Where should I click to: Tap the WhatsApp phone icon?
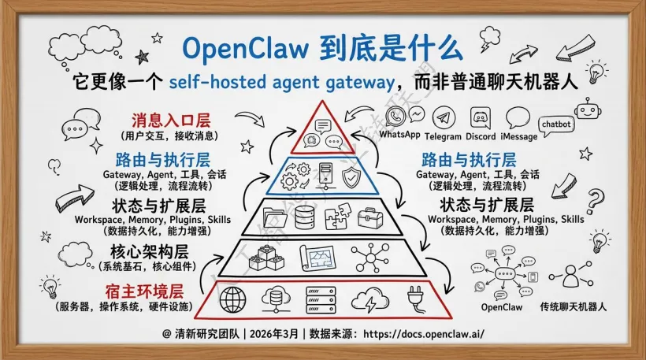[396, 117]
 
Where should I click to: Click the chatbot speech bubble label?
[555, 124]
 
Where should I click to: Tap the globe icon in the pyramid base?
[233, 300]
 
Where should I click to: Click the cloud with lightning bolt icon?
[367, 300]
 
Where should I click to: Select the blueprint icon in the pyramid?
[303, 257]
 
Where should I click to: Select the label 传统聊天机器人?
[573, 306]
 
